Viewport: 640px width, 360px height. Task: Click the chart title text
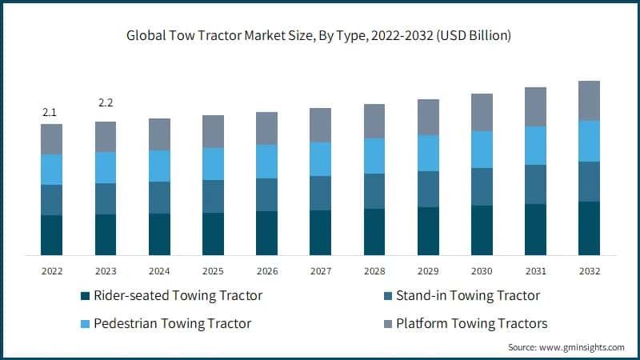click(x=320, y=36)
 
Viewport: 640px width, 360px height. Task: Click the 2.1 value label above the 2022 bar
click(x=50, y=112)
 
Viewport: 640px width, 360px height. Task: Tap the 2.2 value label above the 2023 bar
click(x=106, y=103)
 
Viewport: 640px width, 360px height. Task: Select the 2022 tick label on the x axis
click(x=52, y=270)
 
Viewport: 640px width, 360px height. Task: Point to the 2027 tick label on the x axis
click(x=320, y=270)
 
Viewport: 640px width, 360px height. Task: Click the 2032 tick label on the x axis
click(x=589, y=270)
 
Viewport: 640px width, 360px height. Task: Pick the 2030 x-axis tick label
click(x=482, y=270)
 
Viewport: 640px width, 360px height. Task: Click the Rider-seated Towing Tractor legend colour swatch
click(x=86, y=296)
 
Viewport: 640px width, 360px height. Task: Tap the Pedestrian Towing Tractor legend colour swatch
click(x=86, y=323)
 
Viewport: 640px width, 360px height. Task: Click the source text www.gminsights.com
click(x=566, y=347)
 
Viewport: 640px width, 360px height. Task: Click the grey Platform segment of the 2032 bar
click(x=589, y=100)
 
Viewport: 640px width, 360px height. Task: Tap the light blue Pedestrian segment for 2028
click(x=374, y=155)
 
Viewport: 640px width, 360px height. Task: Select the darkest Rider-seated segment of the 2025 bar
click(x=213, y=234)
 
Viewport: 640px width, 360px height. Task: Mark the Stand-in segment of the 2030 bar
click(x=482, y=186)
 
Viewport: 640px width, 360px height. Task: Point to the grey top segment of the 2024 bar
click(x=159, y=134)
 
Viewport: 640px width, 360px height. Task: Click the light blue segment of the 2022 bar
click(x=52, y=169)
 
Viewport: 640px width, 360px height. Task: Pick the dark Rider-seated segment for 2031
click(x=535, y=230)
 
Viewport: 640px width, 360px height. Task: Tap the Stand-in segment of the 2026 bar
click(x=266, y=194)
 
